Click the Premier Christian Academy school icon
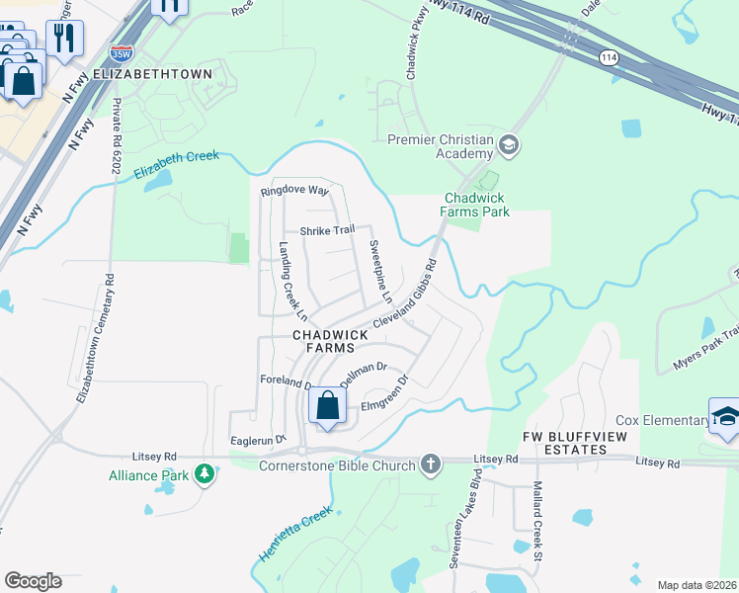pyautogui.click(x=509, y=146)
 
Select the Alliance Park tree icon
pyautogui.click(x=205, y=474)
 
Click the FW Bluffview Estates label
pyautogui.click(x=564, y=443)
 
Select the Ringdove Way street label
pyautogui.click(x=293, y=191)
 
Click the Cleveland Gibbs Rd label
pyautogui.click(x=405, y=296)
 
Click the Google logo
pyautogui.click(x=34, y=581)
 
